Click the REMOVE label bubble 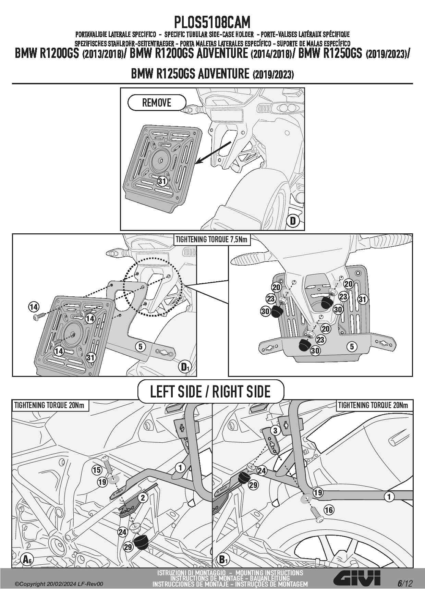coord(157,102)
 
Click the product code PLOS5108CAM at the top coord(212,22)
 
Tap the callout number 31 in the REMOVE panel coord(162,181)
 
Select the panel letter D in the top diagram coord(293,221)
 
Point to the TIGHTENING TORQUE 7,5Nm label coord(211,240)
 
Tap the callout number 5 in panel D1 coord(141,346)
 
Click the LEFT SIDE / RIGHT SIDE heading coord(210,391)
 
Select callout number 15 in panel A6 coord(97,470)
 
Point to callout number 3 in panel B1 coord(275,430)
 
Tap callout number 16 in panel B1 coord(329,510)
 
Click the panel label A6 coord(27,560)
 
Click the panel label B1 coord(223,560)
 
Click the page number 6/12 coord(405,583)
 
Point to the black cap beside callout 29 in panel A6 coord(141,542)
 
